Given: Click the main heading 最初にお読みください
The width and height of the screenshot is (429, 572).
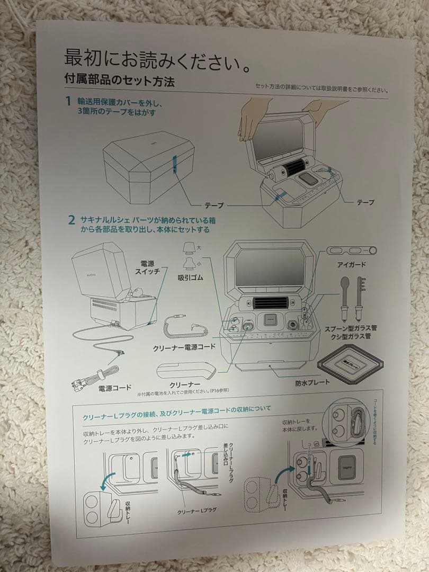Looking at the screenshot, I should click(x=157, y=61).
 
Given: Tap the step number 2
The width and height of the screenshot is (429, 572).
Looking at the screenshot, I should click(x=71, y=220).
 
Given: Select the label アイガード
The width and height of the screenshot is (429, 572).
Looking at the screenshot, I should click(x=351, y=264).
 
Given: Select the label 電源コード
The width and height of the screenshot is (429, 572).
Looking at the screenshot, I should click(x=115, y=388).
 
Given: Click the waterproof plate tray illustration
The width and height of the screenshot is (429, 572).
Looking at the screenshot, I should click(x=351, y=365).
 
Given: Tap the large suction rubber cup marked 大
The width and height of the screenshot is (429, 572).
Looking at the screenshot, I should click(x=189, y=248).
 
